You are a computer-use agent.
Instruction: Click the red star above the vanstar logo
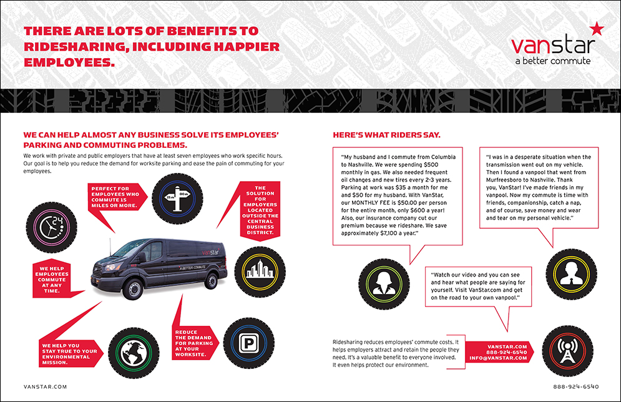tap(595, 27)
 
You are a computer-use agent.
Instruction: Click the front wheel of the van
tap(132, 288)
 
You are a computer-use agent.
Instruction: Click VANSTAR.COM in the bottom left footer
tap(44, 387)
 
